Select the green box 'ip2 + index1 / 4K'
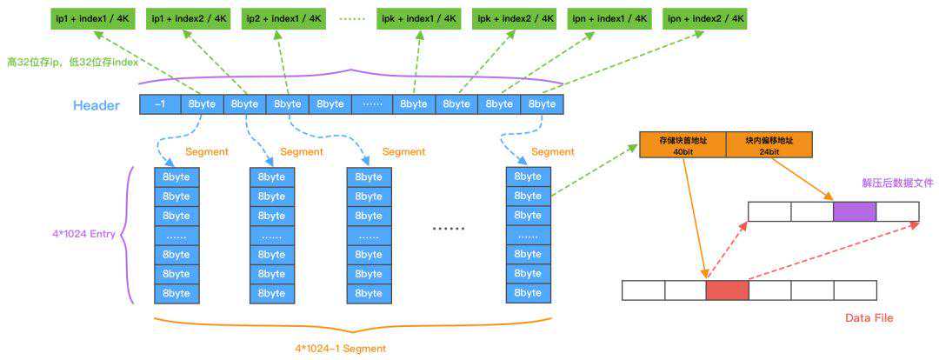click(285, 18)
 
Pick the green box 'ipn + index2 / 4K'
click(705, 18)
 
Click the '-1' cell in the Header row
click(160, 104)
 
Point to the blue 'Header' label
click(96, 105)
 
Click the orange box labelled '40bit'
click(683, 144)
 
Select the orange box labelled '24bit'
click(769, 144)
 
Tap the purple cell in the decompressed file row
click(854, 211)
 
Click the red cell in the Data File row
click(727, 290)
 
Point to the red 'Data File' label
click(869, 318)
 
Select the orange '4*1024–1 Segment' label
click(340, 348)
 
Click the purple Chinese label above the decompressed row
click(897, 183)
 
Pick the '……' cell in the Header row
click(372, 104)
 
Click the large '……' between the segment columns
click(449, 229)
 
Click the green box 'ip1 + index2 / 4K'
click(190, 18)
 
